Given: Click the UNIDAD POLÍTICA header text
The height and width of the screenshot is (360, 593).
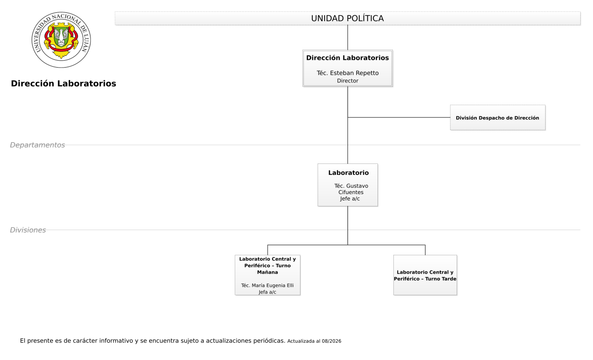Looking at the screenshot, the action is [347, 18].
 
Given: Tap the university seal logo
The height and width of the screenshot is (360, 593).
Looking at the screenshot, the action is [61, 40].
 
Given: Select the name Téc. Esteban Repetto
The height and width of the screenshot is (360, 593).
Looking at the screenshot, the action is [347, 73].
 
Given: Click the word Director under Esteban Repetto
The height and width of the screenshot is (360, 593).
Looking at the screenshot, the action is [347, 80].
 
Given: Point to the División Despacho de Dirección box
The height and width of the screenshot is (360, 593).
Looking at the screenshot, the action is [498, 118].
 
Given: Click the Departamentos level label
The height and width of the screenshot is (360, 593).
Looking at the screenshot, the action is [38, 145].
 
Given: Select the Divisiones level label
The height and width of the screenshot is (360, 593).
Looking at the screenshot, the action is [28, 230].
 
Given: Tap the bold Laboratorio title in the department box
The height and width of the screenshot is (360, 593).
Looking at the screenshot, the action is [348, 173].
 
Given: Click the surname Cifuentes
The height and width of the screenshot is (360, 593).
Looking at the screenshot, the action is [351, 192].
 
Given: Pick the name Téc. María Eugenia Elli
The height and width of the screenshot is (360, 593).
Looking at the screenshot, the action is [267, 285].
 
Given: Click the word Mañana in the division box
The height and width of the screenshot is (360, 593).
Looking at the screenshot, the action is [267, 272].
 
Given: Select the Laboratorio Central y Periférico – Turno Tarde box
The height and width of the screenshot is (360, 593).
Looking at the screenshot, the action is [425, 275].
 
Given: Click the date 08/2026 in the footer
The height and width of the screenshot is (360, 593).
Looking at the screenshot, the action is [332, 341].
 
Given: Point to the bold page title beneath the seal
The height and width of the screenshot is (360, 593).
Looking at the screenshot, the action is [64, 83].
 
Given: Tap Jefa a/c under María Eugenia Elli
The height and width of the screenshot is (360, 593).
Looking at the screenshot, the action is [267, 292].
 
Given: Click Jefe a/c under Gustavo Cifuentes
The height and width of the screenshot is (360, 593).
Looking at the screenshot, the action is [350, 199].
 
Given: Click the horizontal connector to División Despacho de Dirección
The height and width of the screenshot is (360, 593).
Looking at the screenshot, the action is [399, 118].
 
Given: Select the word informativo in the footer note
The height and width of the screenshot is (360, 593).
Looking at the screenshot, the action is [116, 341].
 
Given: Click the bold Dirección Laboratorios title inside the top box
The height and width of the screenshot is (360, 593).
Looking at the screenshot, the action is [347, 58].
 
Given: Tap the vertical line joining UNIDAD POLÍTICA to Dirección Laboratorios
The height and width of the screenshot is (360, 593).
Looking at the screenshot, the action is [347, 38].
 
